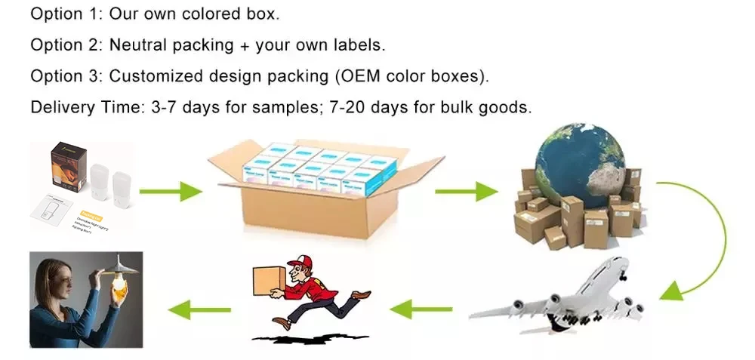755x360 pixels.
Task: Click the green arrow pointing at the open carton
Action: pos(181,191)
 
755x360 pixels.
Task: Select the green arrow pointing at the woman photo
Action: pos(199,308)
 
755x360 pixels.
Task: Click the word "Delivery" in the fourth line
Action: pos(63,107)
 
